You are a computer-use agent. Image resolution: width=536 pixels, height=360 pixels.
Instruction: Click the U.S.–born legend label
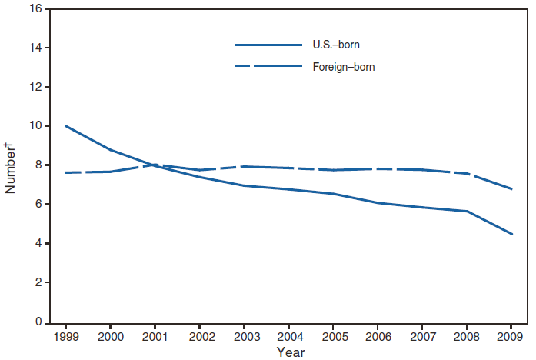point(336,45)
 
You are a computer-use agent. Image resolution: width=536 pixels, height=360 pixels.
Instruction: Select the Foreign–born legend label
point(343,67)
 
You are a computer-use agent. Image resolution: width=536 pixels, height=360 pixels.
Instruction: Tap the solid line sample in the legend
point(268,45)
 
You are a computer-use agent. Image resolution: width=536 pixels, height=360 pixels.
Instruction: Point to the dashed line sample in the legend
point(268,67)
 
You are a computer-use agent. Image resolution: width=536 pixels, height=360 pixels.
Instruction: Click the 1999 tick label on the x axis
point(66,336)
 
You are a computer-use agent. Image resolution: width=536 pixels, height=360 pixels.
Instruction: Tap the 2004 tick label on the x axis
point(289,336)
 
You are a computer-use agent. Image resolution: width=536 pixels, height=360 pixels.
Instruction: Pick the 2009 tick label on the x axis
point(512,336)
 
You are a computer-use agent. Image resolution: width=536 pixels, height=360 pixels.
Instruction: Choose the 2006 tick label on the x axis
point(378,336)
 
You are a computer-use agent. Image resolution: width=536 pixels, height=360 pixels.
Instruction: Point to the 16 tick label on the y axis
point(34,9)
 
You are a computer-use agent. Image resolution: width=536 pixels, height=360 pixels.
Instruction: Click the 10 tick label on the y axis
point(34,126)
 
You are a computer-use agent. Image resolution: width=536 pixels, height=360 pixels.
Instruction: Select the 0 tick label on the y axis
point(37,322)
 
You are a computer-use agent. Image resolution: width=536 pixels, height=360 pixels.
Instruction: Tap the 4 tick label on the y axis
point(37,244)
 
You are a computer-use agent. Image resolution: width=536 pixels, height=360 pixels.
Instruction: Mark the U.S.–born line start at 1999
point(66,125)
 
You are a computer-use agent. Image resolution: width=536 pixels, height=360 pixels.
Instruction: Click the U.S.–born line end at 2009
point(512,234)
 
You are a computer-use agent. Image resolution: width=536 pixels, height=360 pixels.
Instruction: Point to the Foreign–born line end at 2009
point(512,189)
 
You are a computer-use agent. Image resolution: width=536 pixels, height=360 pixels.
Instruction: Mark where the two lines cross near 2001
point(152,165)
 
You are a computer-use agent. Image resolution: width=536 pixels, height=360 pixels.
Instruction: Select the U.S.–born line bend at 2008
point(468,211)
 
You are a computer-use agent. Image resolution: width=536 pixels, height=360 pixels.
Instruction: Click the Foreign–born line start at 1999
point(66,172)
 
